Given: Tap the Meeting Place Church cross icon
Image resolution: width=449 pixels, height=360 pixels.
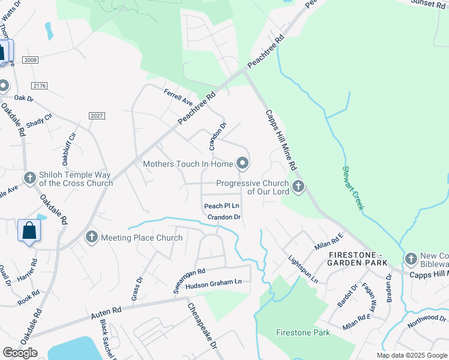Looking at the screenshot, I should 92,238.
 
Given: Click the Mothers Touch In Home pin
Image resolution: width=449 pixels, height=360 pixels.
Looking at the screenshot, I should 243,163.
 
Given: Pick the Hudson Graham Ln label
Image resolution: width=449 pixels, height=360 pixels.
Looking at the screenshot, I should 213,285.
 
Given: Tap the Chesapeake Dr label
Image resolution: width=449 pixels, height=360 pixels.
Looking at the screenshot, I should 202,328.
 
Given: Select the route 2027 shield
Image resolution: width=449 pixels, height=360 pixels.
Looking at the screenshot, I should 96,115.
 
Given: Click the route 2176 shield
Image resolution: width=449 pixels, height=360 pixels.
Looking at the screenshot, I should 40,86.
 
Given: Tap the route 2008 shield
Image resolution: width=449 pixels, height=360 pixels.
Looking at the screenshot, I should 29,60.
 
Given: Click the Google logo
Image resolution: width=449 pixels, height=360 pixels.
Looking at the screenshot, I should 20,353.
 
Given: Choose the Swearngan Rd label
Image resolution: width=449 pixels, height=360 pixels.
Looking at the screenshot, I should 190,280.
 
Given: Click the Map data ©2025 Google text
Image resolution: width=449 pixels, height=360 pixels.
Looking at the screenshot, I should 412,355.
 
